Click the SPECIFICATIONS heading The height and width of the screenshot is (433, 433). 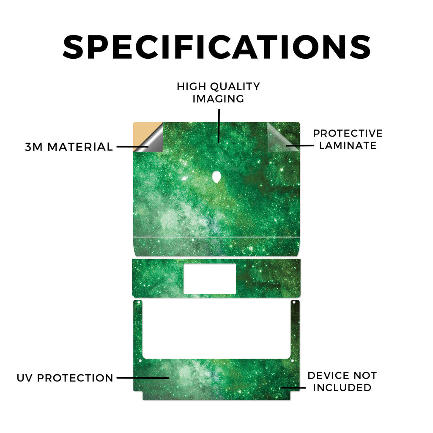(216, 47)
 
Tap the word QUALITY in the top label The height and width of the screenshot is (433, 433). (235, 87)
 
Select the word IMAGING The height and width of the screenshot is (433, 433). (218, 99)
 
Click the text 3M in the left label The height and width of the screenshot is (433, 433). (34, 147)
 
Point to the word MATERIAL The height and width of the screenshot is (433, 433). (80, 147)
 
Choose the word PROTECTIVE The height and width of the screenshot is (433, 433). (348, 133)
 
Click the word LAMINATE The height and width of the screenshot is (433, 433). (348, 145)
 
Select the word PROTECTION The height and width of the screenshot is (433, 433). (75, 378)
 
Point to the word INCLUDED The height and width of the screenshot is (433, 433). (342, 388)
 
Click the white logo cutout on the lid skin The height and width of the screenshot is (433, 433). (216, 177)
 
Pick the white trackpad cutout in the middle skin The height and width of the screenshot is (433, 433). (210, 279)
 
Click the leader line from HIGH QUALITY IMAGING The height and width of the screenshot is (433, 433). (219, 126)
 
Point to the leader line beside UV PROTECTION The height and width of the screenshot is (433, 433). (143, 378)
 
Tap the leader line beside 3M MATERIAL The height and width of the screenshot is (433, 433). (132, 147)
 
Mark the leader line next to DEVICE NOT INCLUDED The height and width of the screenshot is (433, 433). (293, 388)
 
